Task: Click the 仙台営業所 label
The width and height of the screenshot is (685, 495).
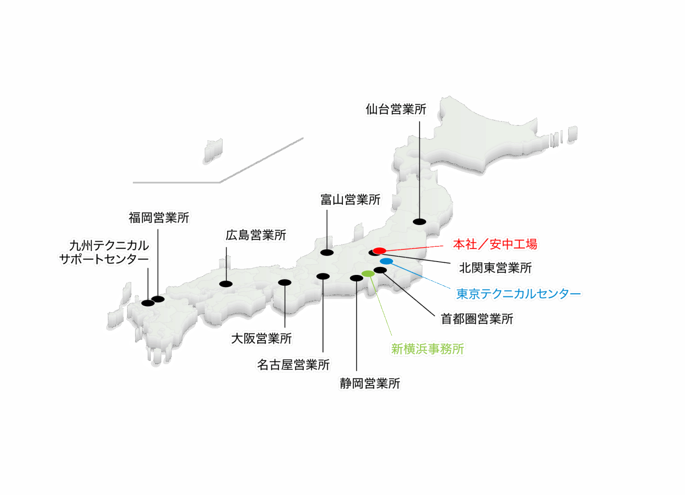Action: pyautogui.click(x=396, y=109)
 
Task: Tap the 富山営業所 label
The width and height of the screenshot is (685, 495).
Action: pyautogui.click(x=351, y=200)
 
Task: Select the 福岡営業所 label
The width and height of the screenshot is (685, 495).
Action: pyautogui.click(x=159, y=218)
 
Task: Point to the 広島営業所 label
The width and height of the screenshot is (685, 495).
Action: pyautogui.click(x=256, y=235)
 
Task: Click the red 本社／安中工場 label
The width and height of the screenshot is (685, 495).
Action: pyautogui.click(x=495, y=244)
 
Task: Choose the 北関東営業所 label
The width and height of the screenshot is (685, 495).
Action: pyautogui.click(x=495, y=268)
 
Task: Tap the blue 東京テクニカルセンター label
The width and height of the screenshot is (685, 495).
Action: pyautogui.click(x=519, y=294)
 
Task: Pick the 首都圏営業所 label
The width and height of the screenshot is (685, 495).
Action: pyautogui.click(x=477, y=319)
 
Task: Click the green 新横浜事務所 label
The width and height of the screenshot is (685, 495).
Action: pyautogui.click(x=428, y=349)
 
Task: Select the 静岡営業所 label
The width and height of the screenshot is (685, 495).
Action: pyautogui.click(x=370, y=383)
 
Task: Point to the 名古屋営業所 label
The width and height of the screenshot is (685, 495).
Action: pyautogui.click(x=293, y=365)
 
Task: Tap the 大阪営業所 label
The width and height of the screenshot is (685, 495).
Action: pyautogui.click(x=261, y=338)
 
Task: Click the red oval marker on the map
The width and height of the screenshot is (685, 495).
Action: pyautogui.click(x=379, y=251)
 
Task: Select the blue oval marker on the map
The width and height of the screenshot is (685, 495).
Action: pyautogui.click(x=386, y=261)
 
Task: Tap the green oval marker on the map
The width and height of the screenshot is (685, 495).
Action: pyautogui.click(x=368, y=273)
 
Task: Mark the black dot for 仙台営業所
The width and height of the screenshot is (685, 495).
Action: pyautogui.click(x=419, y=221)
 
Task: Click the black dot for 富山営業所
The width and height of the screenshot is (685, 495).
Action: pyautogui.click(x=327, y=253)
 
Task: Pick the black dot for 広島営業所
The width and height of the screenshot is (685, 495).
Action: pyautogui.click(x=226, y=284)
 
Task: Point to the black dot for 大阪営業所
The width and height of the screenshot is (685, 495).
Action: pyautogui.click(x=285, y=282)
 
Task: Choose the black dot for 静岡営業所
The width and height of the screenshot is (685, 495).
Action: pyautogui.click(x=356, y=278)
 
